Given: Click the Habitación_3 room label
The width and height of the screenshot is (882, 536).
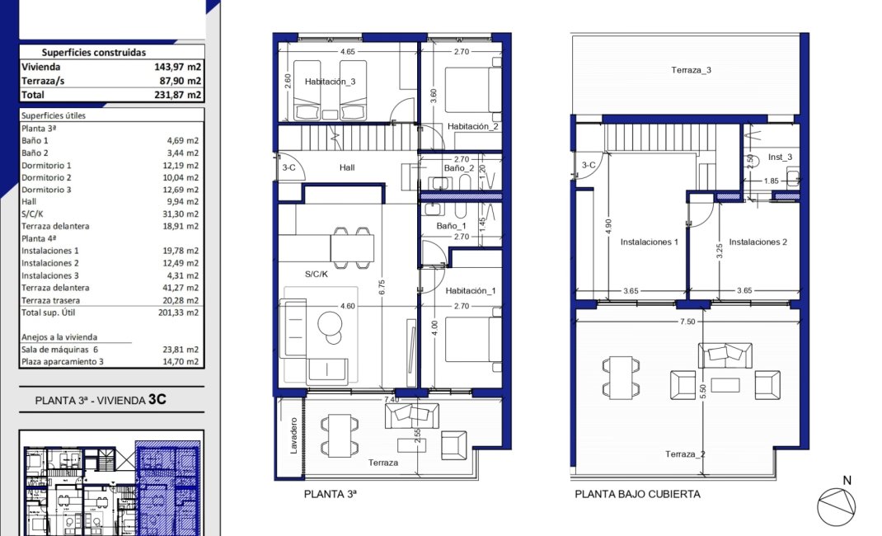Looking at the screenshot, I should click(330, 82).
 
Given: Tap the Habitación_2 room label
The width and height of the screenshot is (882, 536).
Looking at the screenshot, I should click(473, 126).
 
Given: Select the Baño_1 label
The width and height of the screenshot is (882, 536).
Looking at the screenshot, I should click(452, 225).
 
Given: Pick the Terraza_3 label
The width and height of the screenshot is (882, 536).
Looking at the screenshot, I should click(690, 70).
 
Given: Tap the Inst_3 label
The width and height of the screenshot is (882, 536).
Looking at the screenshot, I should click(780, 157).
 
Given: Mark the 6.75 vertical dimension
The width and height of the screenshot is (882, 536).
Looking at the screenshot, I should click(382, 286).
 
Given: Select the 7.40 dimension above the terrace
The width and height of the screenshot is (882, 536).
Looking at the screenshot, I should click(391, 399).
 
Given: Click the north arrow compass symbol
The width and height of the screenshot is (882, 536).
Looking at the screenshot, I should click(836, 505).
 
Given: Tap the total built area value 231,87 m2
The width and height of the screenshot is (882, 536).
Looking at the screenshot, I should click(178, 95).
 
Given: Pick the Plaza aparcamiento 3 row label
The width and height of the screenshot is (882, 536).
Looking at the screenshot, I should click(63, 361).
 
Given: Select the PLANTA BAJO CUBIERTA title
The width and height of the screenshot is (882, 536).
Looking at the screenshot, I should click(637, 494).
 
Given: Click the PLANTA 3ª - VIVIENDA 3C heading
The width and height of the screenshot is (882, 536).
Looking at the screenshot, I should click(101, 401).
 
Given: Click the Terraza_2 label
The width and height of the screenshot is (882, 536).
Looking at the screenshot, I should click(685, 454).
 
